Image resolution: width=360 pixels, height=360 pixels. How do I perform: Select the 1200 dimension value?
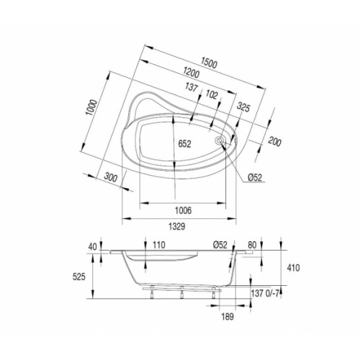point(190,73)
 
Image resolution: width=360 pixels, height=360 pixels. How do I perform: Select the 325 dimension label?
point(243,109)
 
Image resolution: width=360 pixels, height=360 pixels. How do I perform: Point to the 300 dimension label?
point(110,177)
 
